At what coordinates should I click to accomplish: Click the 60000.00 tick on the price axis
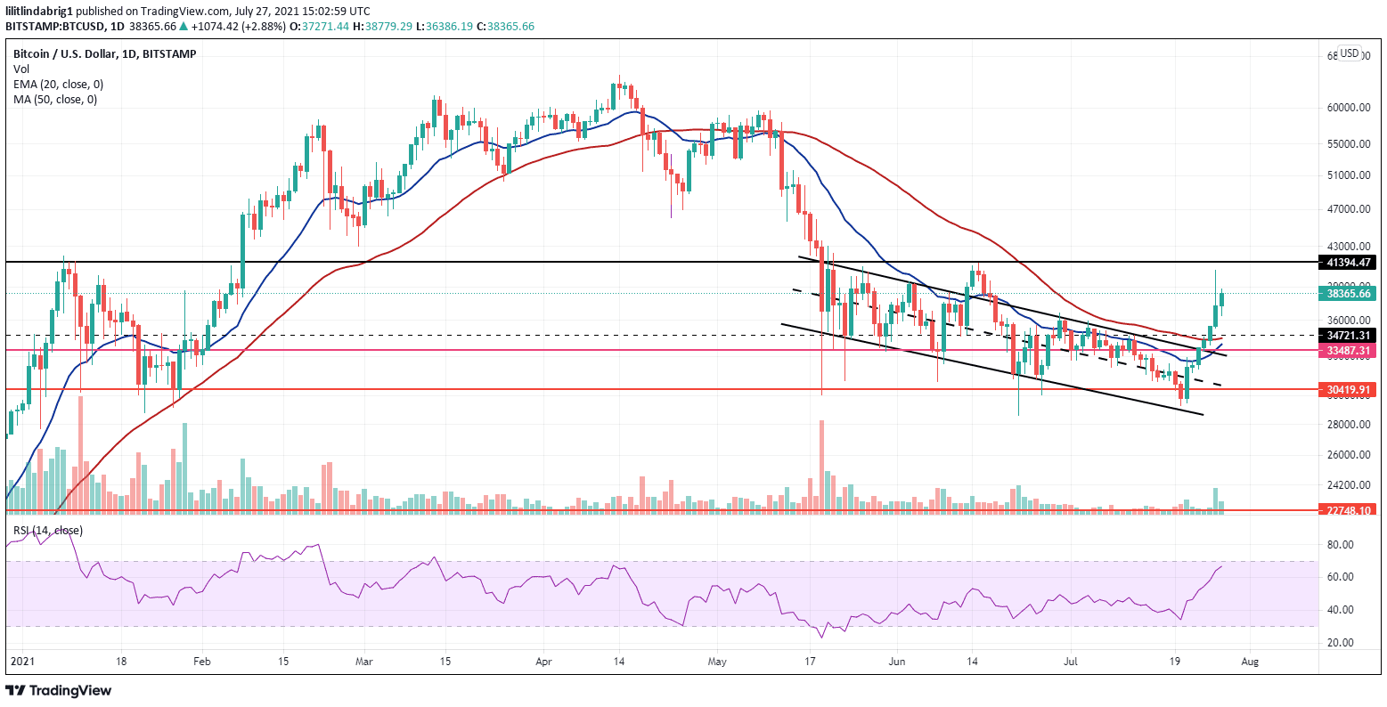click(x=1347, y=107)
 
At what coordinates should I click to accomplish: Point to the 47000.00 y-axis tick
click(x=1347, y=209)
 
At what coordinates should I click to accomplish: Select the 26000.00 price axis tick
click(x=1347, y=455)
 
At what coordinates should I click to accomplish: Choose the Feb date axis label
click(x=203, y=662)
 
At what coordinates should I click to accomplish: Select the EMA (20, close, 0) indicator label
click(x=58, y=84)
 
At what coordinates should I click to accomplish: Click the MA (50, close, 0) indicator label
click(x=55, y=99)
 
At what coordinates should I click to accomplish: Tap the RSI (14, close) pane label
click(x=47, y=531)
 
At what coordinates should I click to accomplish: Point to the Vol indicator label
click(x=20, y=69)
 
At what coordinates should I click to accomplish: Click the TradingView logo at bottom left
click(x=59, y=690)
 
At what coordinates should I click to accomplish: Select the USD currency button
click(x=1349, y=53)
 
